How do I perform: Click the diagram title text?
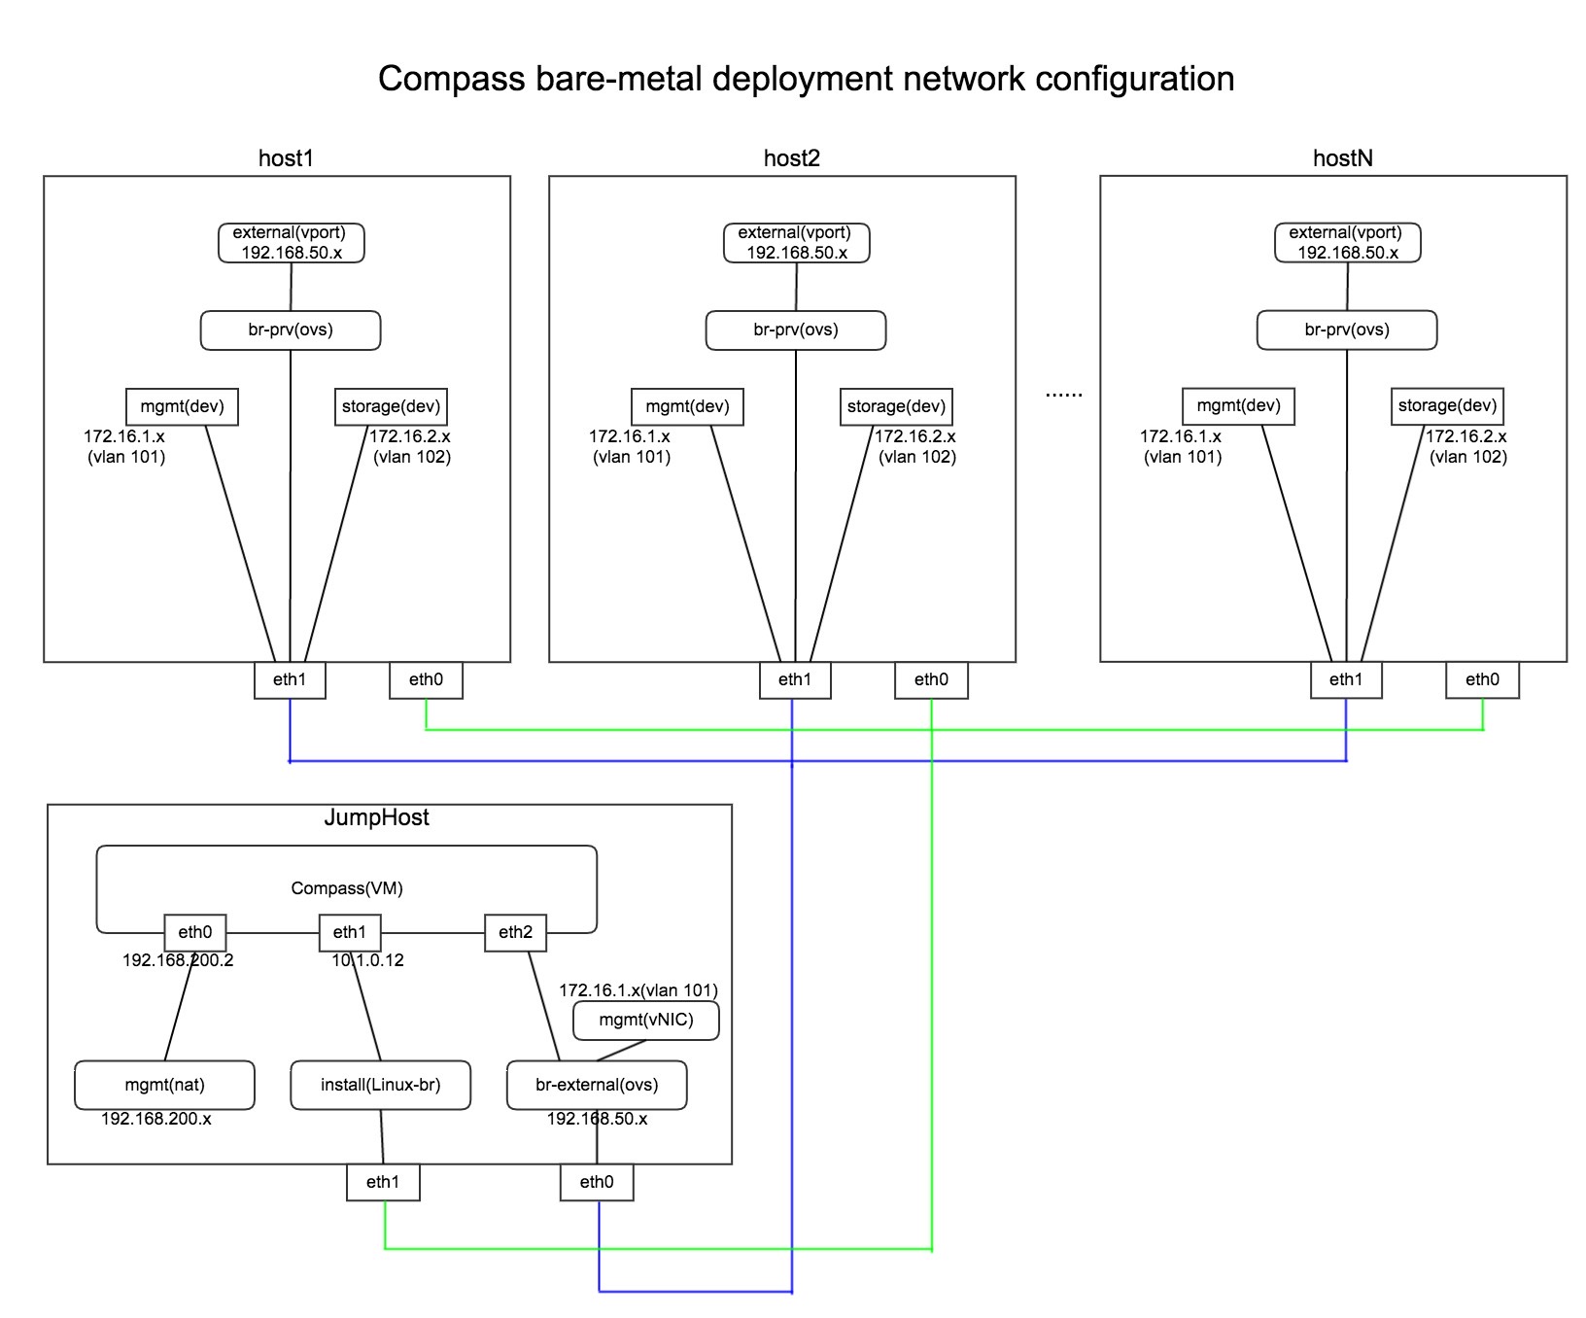(806, 79)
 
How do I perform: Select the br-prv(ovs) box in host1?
(291, 330)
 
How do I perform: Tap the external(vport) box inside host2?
(796, 243)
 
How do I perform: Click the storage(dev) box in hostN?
(1447, 406)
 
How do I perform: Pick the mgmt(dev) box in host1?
(182, 407)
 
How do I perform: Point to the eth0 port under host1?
(426, 680)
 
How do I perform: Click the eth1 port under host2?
(795, 680)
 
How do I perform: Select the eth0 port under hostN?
(1482, 680)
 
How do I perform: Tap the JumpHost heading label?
(377, 818)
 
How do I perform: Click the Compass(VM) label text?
(347, 888)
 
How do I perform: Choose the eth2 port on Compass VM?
(515, 933)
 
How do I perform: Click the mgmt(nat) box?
(164, 1086)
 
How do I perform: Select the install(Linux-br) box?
(380, 1086)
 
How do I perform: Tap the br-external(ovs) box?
(597, 1086)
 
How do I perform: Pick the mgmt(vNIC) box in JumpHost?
(646, 1021)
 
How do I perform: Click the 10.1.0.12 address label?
(367, 960)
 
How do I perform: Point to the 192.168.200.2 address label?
(178, 960)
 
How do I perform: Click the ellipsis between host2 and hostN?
(1063, 394)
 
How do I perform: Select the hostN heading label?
(1343, 158)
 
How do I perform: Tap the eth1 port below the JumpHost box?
(383, 1183)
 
